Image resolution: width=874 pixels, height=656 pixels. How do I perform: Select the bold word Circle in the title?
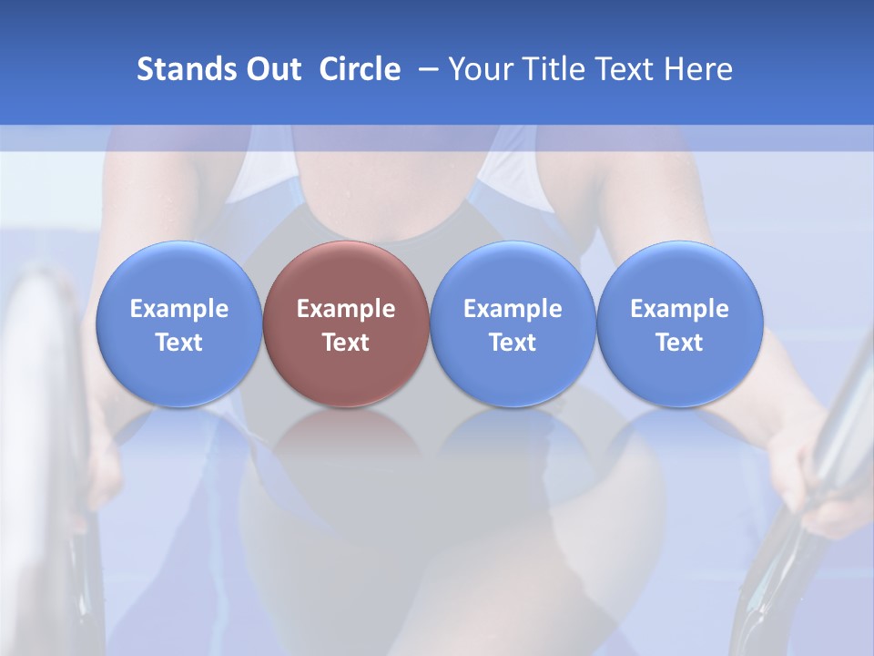click(360, 69)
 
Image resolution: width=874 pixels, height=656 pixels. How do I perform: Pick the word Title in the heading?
click(554, 69)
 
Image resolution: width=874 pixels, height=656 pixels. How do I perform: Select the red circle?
click(346, 323)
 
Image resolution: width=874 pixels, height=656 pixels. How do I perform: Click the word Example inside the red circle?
click(346, 309)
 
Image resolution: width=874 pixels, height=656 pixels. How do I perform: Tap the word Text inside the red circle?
click(346, 343)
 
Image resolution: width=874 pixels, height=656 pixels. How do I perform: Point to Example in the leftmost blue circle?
click(178, 309)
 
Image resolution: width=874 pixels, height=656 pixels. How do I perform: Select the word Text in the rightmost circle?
click(679, 343)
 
